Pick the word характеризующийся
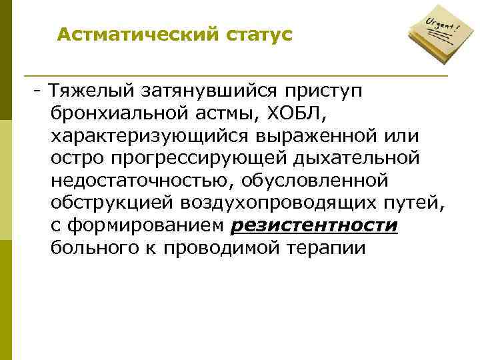(146, 136)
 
